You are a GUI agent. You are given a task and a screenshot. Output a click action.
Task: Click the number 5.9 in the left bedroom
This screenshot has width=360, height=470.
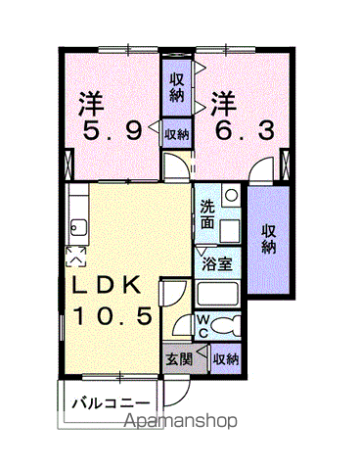[x=112, y=131]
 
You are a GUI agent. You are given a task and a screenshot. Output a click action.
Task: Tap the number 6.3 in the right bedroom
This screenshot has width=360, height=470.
[x=245, y=131]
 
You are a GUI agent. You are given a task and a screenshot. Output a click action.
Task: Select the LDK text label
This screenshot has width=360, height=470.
[x=106, y=285]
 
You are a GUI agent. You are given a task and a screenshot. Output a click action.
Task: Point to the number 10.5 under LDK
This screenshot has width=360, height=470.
[x=113, y=315]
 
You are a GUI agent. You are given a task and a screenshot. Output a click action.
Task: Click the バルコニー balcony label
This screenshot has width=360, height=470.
[x=111, y=403]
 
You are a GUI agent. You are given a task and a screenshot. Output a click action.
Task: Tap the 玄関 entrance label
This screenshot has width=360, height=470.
[x=179, y=359]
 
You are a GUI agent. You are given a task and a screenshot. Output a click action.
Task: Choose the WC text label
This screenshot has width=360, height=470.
[x=203, y=325]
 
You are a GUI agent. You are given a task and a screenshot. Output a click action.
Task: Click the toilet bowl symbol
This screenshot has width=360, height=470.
[x=225, y=325]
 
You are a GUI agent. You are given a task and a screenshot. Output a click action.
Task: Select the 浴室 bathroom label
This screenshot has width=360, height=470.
[x=217, y=264]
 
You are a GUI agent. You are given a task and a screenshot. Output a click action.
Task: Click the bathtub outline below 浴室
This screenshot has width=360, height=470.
[x=217, y=294]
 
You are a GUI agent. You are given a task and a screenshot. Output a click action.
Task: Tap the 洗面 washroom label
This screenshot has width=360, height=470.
[x=207, y=214]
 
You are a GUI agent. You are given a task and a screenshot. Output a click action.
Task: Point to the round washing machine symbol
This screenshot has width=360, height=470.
[x=232, y=196]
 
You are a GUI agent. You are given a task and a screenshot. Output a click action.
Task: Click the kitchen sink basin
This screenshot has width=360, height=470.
[x=78, y=228]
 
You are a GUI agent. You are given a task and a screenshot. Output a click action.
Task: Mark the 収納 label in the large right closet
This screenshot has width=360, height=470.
[x=269, y=239]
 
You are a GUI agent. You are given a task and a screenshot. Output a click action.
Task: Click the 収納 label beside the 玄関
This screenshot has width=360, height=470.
[x=226, y=359]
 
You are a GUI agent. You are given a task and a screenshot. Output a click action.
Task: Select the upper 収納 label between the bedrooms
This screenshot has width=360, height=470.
[x=176, y=87]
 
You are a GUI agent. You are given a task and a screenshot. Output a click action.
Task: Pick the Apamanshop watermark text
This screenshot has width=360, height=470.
[x=180, y=421]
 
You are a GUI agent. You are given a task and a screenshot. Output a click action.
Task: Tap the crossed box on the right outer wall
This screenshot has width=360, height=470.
[x=285, y=164]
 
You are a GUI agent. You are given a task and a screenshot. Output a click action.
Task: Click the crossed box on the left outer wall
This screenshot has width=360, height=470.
[x=69, y=164]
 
